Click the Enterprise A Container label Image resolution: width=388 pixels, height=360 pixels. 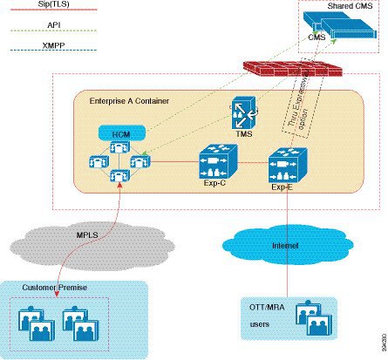point(129,101)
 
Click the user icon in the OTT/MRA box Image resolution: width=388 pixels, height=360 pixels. point(311,315)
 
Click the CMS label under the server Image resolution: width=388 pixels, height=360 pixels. point(317,38)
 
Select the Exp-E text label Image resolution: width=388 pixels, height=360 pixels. point(281,187)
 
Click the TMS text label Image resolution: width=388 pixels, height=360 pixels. point(240,135)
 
